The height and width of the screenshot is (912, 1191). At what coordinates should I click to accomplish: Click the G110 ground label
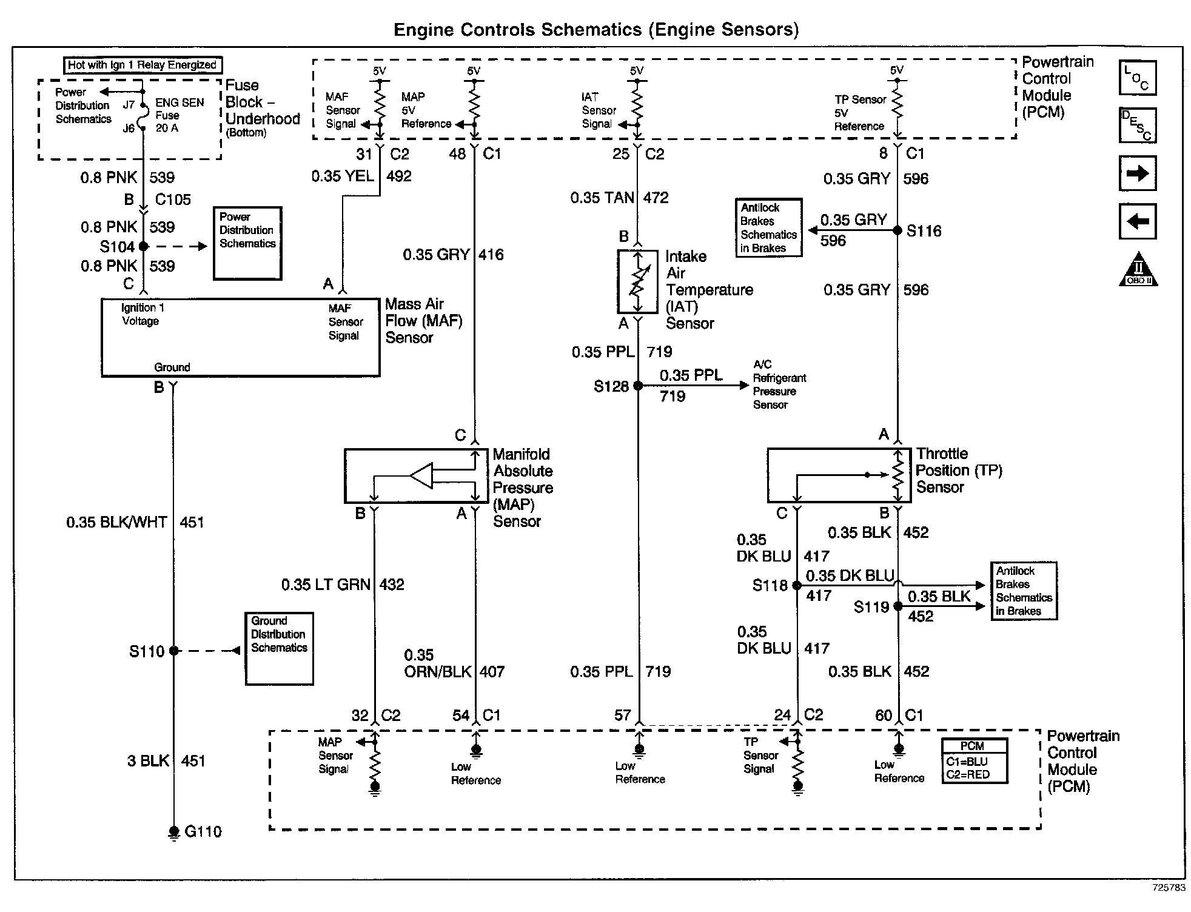coord(203,831)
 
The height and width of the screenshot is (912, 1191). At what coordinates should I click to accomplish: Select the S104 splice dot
coord(144,246)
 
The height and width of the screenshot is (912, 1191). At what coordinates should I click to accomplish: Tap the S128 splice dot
coord(638,385)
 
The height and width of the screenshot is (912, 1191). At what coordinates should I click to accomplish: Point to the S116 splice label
coord(924,231)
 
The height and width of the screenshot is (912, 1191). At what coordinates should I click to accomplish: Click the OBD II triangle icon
coord(1138,269)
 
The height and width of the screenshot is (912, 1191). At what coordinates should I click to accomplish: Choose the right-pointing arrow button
coord(1138,174)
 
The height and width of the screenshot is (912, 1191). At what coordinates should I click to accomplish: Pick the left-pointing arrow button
coord(1138,221)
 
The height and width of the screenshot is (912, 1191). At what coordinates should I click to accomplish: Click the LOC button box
coord(1138,78)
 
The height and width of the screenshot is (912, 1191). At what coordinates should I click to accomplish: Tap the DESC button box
coord(1138,126)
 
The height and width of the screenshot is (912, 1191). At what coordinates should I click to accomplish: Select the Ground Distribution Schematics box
coord(280,649)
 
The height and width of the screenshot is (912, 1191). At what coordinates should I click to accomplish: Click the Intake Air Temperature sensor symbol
coord(637,281)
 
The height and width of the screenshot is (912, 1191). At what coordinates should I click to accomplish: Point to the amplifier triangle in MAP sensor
coord(422,476)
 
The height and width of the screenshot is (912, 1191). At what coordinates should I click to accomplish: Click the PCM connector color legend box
coord(975,761)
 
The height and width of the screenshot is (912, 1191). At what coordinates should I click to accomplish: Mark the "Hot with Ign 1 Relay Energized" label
coord(143,65)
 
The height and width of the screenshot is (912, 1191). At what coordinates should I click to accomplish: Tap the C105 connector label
coord(173,199)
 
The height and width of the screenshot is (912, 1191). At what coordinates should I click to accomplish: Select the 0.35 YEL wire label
coord(343,176)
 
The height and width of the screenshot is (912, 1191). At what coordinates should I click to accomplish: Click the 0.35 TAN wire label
coord(602,198)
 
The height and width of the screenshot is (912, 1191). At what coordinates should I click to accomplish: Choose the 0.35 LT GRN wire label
coord(326,585)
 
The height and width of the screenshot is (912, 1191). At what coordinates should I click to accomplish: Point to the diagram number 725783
coord(1169,887)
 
